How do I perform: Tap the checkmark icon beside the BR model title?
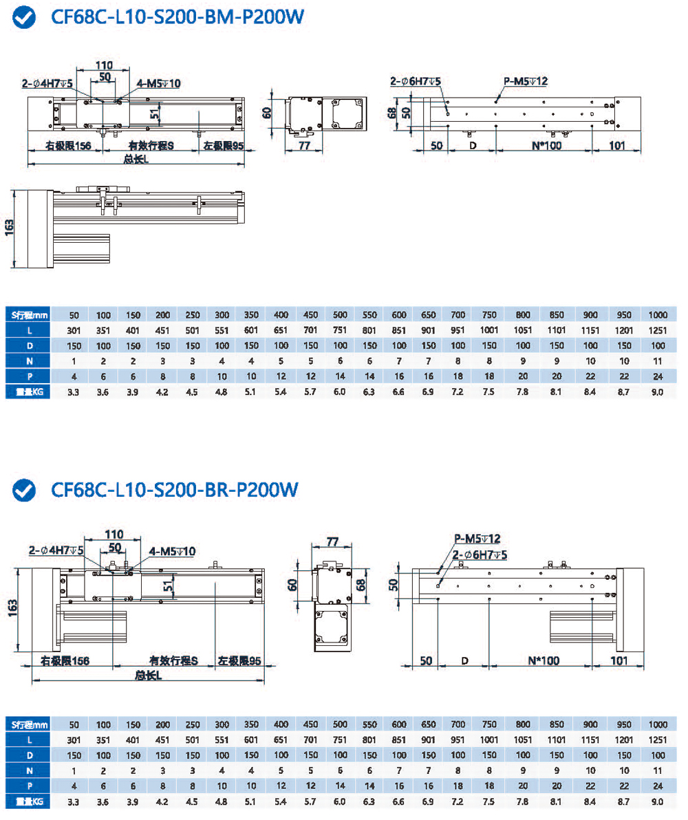click(x=25, y=490)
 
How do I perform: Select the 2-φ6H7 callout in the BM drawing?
click(x=416, y=82)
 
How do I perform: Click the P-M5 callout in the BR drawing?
click(x=477, y=538)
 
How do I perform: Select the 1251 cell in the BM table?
click(x=657, y=330)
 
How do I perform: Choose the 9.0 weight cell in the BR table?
click(x=657, y=801)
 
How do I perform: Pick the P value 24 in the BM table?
click(x=657, y=376)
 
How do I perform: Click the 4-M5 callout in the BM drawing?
click(x=159, y=83)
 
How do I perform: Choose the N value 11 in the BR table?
click(x=657, y=770)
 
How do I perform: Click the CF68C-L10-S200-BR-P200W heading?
click(x=175, y=490)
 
